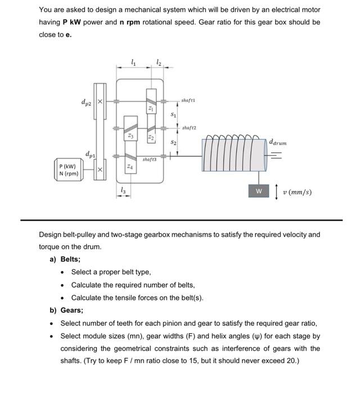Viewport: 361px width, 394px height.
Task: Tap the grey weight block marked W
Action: coord(259,191)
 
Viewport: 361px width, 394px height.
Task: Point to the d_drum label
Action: coord(278,143)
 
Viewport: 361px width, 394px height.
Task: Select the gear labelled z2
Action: coord(150,137)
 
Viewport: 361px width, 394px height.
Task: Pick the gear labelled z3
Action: coord(130,136)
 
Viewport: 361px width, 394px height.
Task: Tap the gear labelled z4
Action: coord(130,166)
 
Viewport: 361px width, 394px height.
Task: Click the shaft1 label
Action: coord(188,100)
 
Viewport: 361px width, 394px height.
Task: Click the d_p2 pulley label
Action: coord(86,102)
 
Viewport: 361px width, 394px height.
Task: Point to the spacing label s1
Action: coord(174,115)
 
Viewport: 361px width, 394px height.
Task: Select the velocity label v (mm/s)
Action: coord(297,192)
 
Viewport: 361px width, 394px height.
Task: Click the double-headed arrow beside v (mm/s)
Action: coord(275,192)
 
